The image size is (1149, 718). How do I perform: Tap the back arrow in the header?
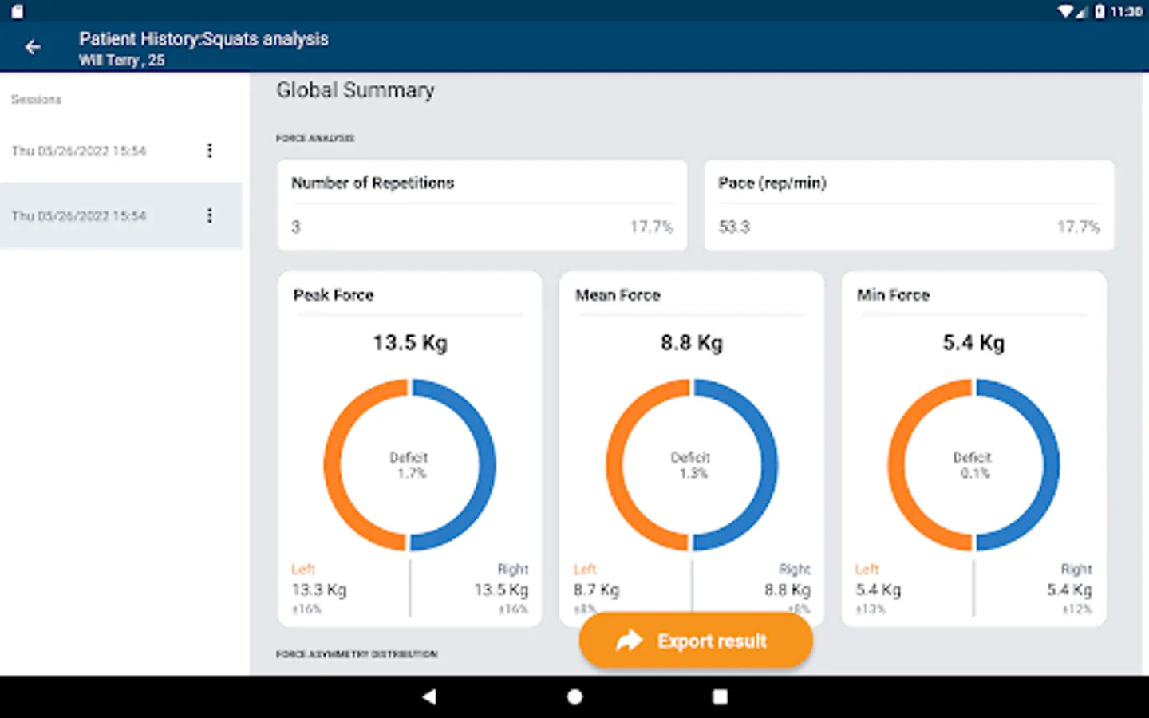pyautogui.click(x=33, y=47)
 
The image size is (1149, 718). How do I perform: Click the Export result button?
pyautogui.click(x=695, y=641)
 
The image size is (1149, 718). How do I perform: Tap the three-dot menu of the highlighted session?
pyautogui.click(x=210, y=215)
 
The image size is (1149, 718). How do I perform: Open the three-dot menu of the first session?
pyautogui.click(x=210, y=151)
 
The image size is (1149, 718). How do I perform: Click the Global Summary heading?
pyautogui.click(x=355, y=90)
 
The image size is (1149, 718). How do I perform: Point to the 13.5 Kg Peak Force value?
pyautogui.click(x=410, y=343)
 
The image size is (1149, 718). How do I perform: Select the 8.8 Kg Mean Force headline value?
pyautogui.click(x=691, y=343)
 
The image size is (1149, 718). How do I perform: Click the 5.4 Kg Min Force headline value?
pyautogui.click(x=973, y=343)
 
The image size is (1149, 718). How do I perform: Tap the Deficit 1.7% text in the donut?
pyautogui.click(x=409, y=465)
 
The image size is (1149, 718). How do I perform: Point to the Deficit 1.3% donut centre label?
pyautogui.click(x=691, y=465)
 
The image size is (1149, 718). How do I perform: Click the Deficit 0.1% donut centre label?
pyautogui.click(x=973, y=465)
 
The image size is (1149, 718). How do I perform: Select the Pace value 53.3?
pyautogui.click(x=734, y=227)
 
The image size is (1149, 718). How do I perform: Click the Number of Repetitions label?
pyautogui.click(x=373, y=183)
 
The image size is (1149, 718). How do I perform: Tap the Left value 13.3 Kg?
pyautogui.click(x=319, y=590)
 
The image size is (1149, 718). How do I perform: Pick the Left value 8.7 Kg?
pyautogui.click(x=596, y=590)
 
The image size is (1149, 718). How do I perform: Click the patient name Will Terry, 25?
pyautogui.click(x=122, y=60)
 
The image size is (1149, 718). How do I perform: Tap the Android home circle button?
pyautogui.click(x=574, y=696)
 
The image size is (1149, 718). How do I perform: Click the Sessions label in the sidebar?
pyautogui.click(x=36, y=99)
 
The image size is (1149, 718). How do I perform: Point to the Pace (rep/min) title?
pyautogui.click(x=772, y=183)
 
